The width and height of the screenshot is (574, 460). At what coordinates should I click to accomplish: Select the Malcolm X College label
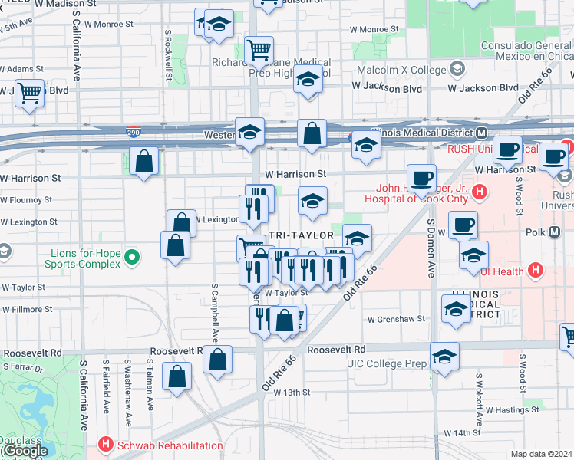(x=404, y=70)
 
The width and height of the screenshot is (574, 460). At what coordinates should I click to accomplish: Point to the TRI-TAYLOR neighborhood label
(x=302, y=235)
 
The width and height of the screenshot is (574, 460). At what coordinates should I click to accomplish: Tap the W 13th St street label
(x=287, y=392)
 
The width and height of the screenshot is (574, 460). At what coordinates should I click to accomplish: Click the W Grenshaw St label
(x=396, y=319)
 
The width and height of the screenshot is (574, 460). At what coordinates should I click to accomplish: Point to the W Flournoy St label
(x=27, y=199)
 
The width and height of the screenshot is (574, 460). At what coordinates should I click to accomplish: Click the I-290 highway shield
(x=134, y=133)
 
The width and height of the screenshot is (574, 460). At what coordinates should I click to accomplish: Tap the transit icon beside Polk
(x=555, y=232)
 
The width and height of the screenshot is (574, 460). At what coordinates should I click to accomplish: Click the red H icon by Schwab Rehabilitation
(x=105, y=445)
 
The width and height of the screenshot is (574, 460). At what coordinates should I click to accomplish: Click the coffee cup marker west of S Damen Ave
(x=421, y=178)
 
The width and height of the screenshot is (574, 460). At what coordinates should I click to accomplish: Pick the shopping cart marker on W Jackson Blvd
(x=29, y=94)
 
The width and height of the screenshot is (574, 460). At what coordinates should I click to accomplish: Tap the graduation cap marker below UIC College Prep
(x=444, y=356)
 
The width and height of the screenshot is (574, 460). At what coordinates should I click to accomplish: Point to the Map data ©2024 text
(x=540, y=454)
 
